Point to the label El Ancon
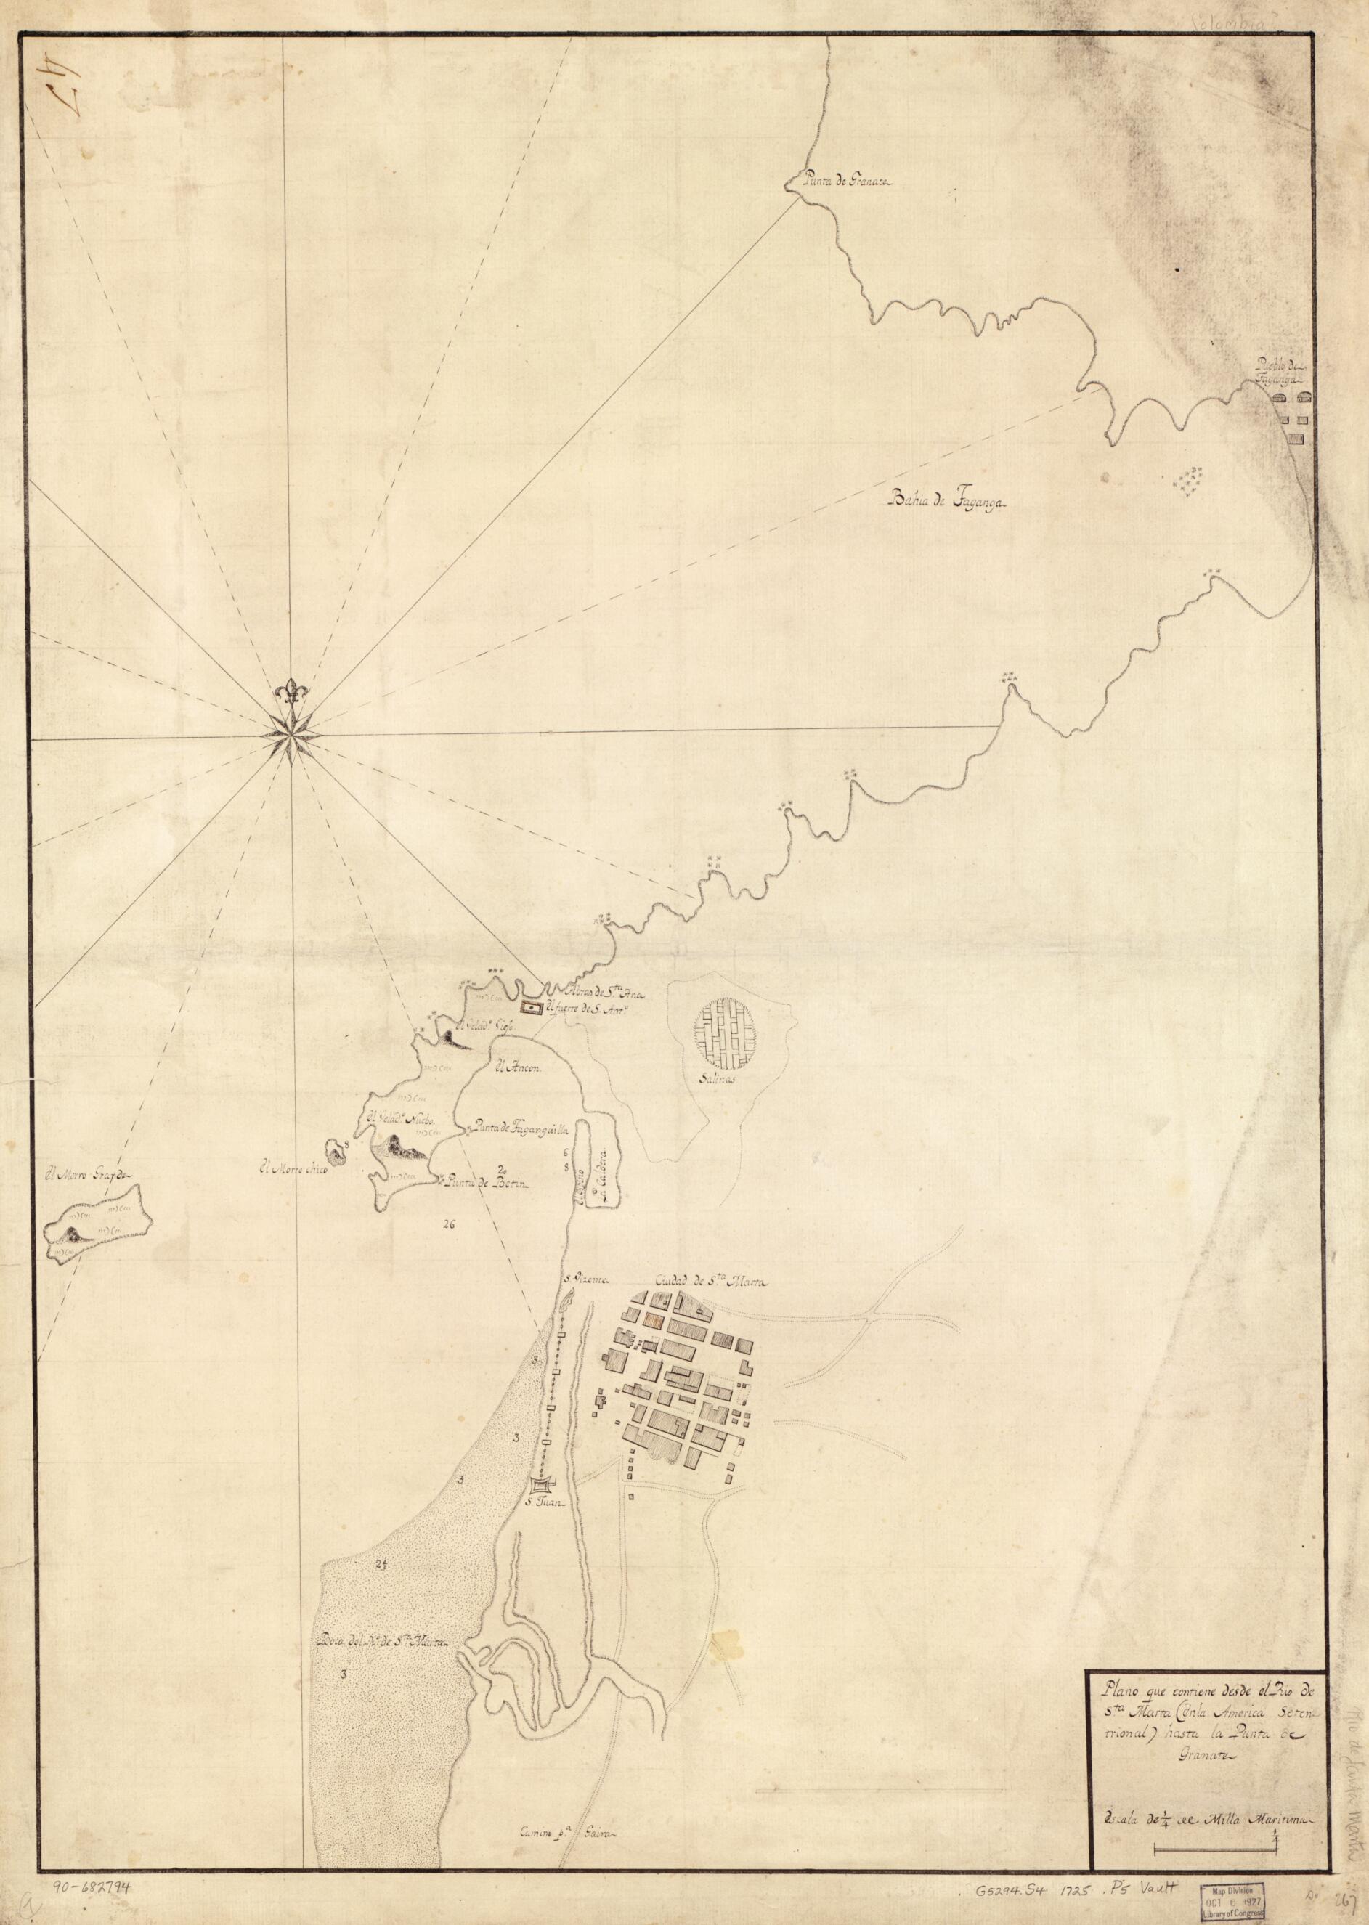point(516,1065)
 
